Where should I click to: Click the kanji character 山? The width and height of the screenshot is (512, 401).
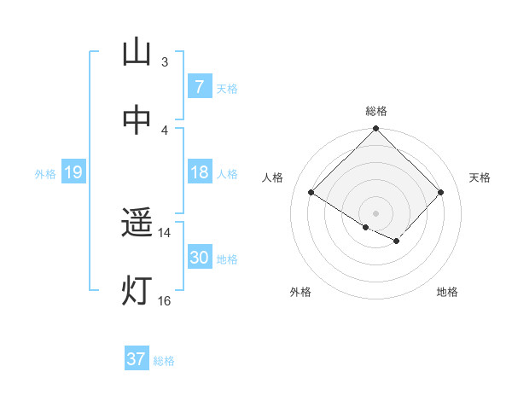[x=137, y=53]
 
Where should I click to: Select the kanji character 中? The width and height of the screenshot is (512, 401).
[x=137, y=122]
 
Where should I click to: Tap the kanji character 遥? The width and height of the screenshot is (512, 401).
[x=137, y=224]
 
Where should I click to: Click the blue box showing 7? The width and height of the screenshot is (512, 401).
[x=199, y=87]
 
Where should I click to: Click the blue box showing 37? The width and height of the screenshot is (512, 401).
[x=136, y=359]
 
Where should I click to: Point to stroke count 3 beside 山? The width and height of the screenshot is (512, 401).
[x=164, y=61]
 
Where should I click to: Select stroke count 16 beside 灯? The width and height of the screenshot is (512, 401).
[x=164, y=300]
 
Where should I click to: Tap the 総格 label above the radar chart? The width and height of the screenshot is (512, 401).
[x=376, y=111]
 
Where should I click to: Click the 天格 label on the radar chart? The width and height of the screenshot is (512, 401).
[x=480, y=177]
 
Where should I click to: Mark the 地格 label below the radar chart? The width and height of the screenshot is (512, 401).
[x=447, y=293]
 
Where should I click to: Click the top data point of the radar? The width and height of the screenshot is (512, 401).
[x=375, y=130]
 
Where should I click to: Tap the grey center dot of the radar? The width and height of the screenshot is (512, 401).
[x=375, y=212]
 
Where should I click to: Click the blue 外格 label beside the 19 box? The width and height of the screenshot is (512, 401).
[x=45, y=174]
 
